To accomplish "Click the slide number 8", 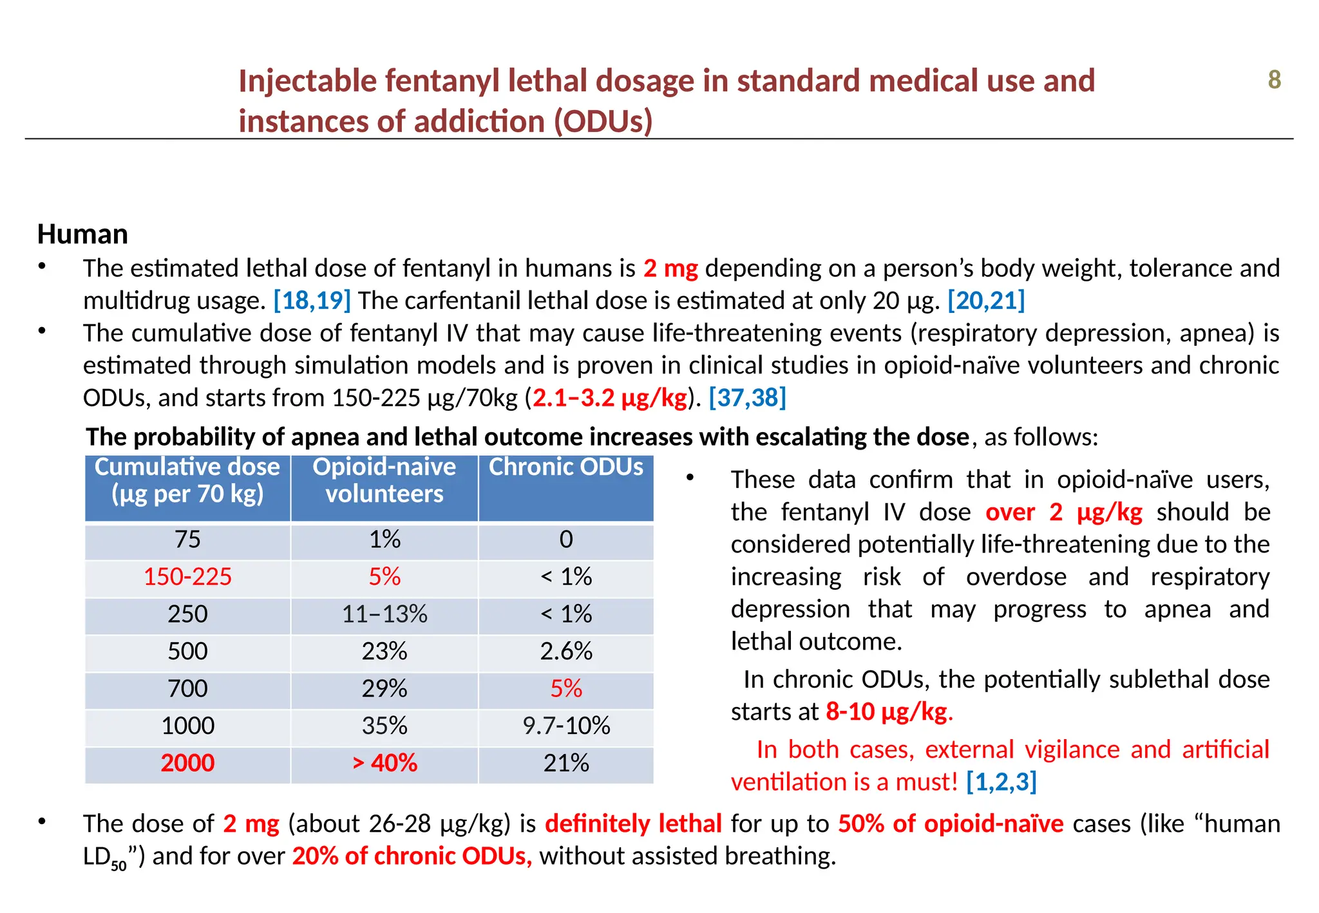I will (1274, 80).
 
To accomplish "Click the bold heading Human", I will (82, 234).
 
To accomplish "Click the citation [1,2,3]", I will (1001, 782).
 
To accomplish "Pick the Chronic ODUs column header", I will (565, 467).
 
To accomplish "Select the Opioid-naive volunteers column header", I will (384, 480).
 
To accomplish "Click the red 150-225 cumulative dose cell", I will (187, 576).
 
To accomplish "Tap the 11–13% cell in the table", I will (384, 614).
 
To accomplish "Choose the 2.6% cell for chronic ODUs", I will (566, 651).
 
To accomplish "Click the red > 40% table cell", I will (384, 763).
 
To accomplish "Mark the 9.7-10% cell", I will (566, 726).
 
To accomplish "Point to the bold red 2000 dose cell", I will (187, 763).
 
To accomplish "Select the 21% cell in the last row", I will (566, 763).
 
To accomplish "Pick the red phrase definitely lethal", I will (633, 824).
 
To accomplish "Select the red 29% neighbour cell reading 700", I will (187, 688).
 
